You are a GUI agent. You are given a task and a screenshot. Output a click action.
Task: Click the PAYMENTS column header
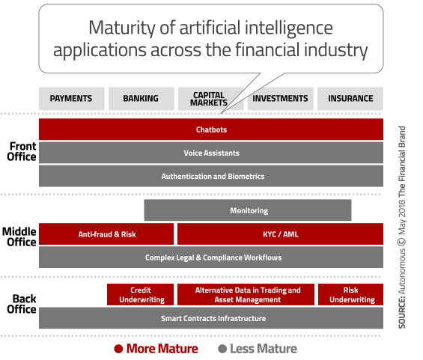point(71,99)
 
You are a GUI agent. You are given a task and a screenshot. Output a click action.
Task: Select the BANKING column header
point(141,99)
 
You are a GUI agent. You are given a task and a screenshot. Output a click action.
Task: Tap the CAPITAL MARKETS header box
point(210,99)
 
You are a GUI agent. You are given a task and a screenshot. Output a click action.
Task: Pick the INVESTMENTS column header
point(281,99)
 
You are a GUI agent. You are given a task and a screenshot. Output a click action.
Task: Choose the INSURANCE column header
point(350,99)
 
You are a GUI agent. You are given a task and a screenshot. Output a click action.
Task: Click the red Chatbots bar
point(211,129)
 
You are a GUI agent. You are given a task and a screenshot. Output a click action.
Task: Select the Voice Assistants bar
point(211,153)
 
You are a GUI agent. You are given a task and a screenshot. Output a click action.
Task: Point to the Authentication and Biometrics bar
point(211,176)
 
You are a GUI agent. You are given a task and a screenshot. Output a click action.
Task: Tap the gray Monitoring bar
point(248,210)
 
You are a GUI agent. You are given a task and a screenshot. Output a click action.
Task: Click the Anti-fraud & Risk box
point(106,234)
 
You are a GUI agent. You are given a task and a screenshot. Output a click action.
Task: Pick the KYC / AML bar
point(280,234)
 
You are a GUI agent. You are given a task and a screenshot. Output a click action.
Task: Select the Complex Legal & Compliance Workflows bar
point(211,257)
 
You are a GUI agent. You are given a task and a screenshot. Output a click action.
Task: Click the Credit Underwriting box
point(140,294)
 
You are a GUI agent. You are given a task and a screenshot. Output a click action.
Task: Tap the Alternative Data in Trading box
point(246,294)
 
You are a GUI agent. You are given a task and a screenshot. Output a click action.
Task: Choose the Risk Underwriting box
point(350,294)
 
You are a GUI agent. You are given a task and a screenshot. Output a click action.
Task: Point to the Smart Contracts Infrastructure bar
point(211,318)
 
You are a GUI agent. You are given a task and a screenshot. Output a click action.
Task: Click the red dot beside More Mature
point(118,349)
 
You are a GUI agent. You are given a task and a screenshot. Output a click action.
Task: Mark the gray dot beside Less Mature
point(222,349)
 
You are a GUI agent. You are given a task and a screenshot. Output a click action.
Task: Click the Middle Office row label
point(19,237)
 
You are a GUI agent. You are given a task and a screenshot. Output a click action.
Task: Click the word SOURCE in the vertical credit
point(402,312)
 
